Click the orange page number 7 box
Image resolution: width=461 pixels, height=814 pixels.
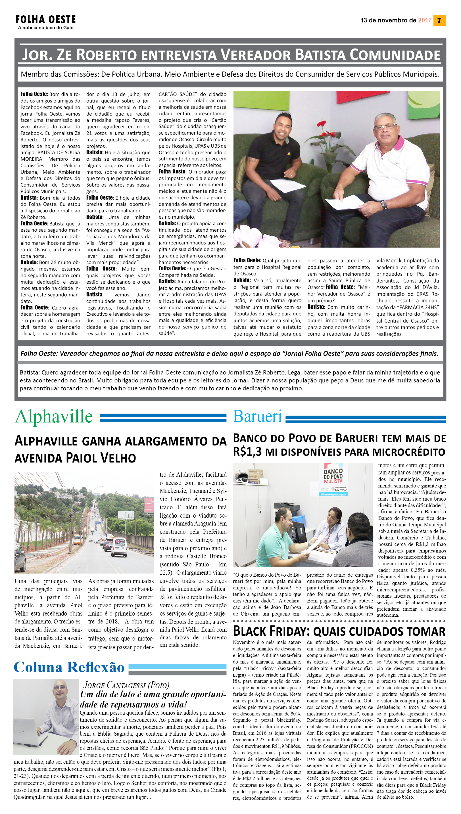pos(439,20)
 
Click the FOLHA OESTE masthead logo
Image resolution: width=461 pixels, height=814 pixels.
pos(46,20)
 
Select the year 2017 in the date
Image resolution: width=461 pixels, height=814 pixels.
pos(424,20)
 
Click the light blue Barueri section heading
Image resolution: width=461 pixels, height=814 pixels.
pos(257,417)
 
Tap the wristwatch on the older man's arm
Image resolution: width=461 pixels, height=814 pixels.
pos(384,205)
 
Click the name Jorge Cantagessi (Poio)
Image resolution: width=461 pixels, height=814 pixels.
pos(126,685)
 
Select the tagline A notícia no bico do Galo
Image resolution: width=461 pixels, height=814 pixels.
pos(46,28)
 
